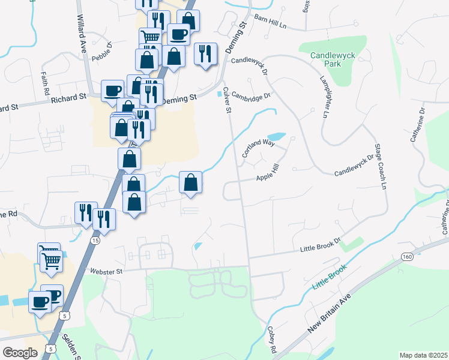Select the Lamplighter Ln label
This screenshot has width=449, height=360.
click(x=325, y=96)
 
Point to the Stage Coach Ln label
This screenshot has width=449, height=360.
click(x=380, y=166)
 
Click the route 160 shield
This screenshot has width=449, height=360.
click(x=408, y=257)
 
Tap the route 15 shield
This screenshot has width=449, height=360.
click(x=95, y=240)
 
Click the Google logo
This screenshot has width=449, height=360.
click(x=20, y=352)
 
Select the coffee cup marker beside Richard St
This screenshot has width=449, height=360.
click(x=112, y=91)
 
